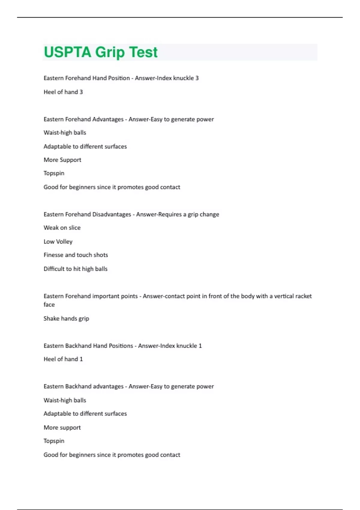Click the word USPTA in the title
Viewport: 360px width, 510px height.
click(67, 52)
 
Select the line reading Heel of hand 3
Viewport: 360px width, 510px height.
click(63, 92)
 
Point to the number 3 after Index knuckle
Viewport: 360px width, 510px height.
click(197, 78)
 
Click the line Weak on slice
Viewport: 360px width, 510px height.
click(62, 228)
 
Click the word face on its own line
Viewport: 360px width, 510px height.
click(49, 305)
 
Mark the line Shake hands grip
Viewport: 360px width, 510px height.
click(66, 319)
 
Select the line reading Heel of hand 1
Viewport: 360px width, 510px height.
click(63, 359)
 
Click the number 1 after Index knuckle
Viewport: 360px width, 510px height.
click(200, 346)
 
